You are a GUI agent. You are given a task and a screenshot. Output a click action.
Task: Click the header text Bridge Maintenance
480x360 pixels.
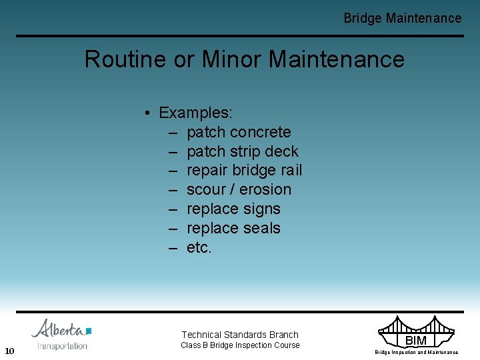pos(402,18)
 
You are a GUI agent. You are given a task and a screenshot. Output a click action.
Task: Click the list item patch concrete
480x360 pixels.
pos(239,132)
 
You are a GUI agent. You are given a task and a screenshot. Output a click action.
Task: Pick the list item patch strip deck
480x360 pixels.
pos(243,151)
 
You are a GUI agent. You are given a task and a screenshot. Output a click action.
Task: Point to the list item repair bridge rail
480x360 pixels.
pos(244,171)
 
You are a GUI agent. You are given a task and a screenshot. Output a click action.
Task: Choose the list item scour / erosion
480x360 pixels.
pos(239,189)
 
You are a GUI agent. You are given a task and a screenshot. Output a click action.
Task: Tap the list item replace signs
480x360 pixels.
pos(233,209)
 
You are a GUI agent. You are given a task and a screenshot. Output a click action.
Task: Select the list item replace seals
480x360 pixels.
pos(233,228)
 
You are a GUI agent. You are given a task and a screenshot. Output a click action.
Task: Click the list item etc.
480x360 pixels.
pos(199,247)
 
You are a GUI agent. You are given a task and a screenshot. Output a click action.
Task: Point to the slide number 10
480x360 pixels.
pos(9,351)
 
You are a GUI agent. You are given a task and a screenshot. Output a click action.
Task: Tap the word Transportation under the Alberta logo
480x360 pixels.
pos(63,346)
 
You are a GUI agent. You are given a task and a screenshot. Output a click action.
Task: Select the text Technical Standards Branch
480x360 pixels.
pos(240,335)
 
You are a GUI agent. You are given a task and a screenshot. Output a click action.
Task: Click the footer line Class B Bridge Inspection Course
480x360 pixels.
pos(240,345)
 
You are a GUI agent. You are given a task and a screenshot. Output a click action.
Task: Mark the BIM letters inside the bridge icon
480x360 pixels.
pos(416,341)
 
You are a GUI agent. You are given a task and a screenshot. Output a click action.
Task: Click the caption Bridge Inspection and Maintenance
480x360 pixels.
pos(416,352)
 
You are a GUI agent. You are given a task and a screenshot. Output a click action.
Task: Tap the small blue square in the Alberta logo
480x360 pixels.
pos(89,330)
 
